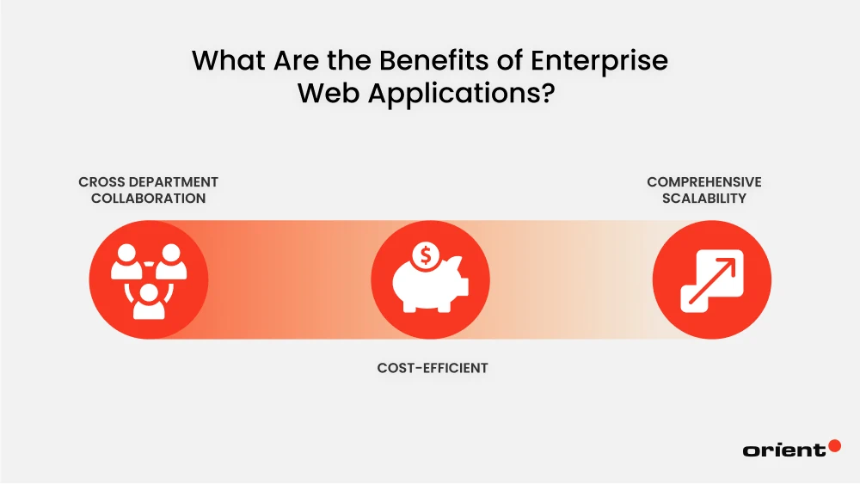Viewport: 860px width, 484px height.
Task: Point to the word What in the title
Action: (x=226, y=62)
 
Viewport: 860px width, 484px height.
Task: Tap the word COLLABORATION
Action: (x=148, y=198)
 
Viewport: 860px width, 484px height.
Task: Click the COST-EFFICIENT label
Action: (x=433, y=368)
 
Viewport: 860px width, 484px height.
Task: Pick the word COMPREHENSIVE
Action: (x=704, y=182)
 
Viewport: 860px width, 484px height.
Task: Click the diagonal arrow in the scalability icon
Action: (x=719, y=269)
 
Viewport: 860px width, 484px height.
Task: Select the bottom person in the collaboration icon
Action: (x=149, y=300)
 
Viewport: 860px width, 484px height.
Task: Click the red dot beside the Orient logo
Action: (x=833, y=446)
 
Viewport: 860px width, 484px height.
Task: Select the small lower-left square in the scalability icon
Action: (x=695, y=295)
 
